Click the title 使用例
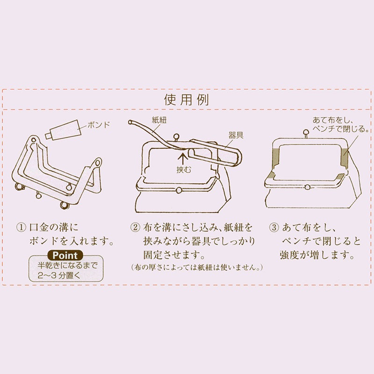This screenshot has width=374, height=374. point(187,100)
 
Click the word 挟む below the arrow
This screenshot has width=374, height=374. point(184,170)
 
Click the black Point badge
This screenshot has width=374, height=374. point(66,255)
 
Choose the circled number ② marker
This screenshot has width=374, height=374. point(135,228)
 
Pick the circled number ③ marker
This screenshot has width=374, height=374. point(274,228)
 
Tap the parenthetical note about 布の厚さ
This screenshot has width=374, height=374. point(197,267)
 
